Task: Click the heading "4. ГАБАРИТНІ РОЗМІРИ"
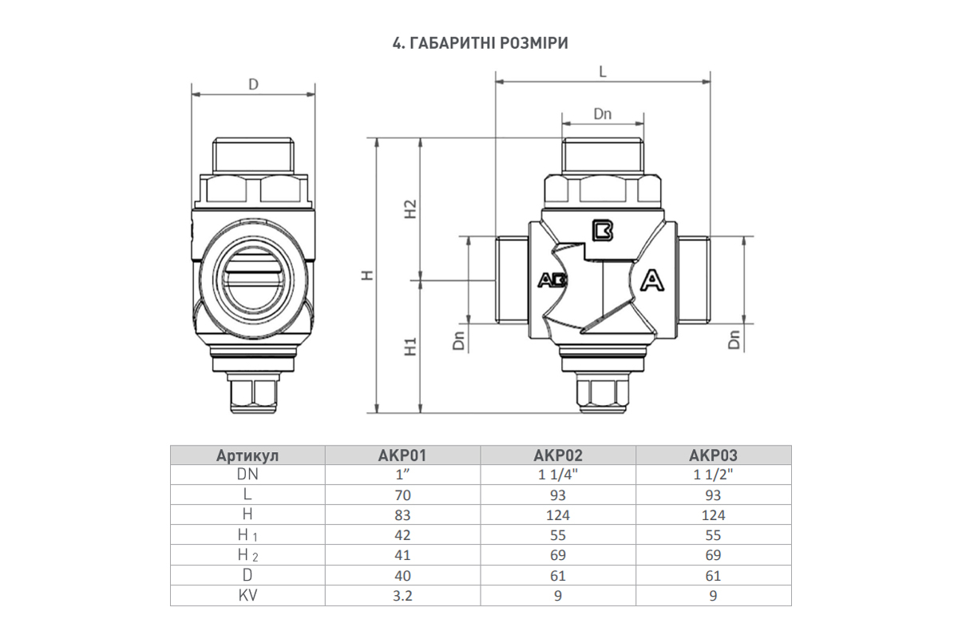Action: [480, 43]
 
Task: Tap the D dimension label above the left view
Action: [253, 83]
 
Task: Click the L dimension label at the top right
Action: [603, 70]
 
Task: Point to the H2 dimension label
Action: [410, 209]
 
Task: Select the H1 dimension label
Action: [410, 347]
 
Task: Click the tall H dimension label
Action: [366, 276]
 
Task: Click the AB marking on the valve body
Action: [551, 280]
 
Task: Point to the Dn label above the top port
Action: [603, 113]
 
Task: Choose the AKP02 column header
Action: [557, 456]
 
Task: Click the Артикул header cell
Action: [247, 456]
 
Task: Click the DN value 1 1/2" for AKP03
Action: [713, 475]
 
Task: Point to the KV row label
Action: [247, 595]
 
